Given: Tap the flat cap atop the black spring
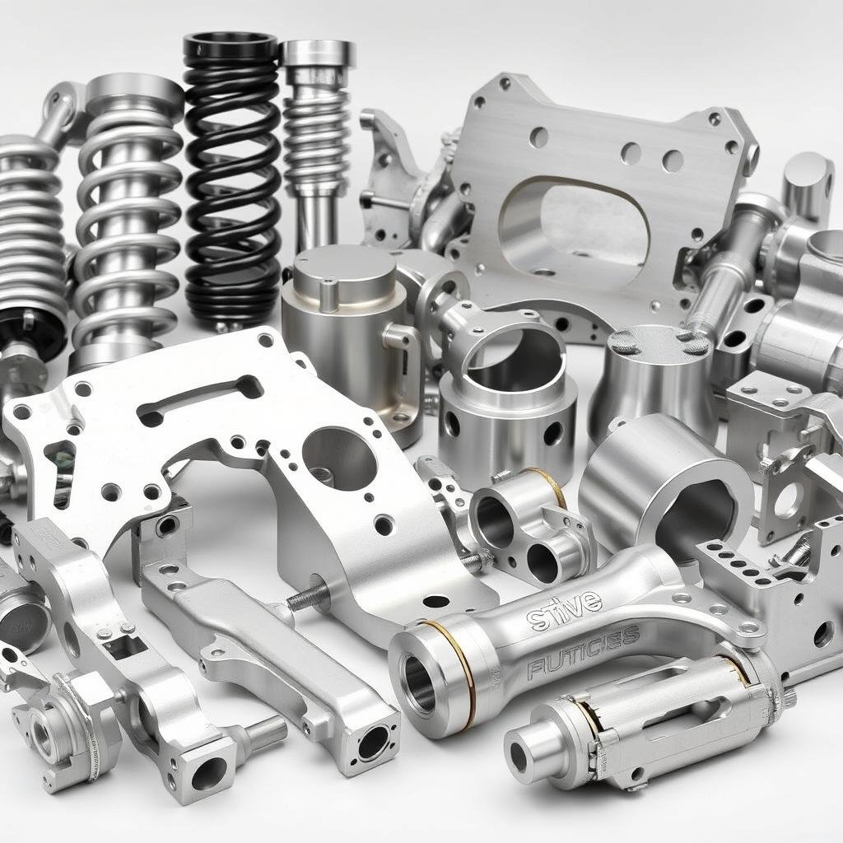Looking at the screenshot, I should [x=231, y=43].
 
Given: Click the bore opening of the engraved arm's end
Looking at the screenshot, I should [x=419, y=682].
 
